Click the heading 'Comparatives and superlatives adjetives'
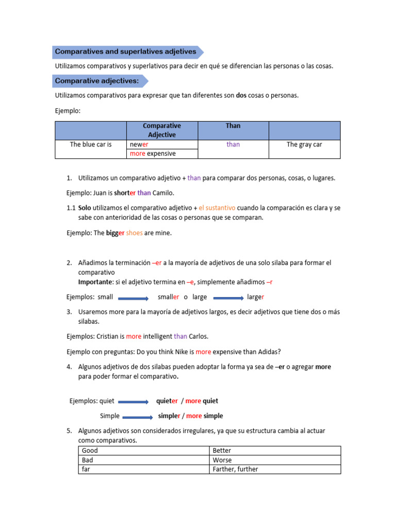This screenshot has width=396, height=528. (125, 52)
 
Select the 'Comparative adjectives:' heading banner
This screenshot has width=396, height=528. (97, 81)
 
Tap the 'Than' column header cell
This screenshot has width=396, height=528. (233, 126)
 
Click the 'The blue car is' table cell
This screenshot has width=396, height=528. (91, 144)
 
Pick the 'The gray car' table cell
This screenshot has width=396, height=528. (304, 144)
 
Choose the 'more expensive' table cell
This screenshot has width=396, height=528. (153, 154)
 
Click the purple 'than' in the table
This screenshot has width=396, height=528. (233, 144)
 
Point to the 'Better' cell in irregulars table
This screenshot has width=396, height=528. (222, 451)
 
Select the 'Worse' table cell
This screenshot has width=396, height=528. (222, 460)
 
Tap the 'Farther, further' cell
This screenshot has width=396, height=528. (235, 469)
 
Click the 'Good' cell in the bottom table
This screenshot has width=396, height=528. (90, 451)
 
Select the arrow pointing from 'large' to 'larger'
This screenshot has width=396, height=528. (228, 298)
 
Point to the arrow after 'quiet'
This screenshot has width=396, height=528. (133, 402)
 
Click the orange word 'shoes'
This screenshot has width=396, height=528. (134, 233)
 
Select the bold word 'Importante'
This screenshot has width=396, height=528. (95, 282)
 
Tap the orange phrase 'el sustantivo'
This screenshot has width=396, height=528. (217, 208)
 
